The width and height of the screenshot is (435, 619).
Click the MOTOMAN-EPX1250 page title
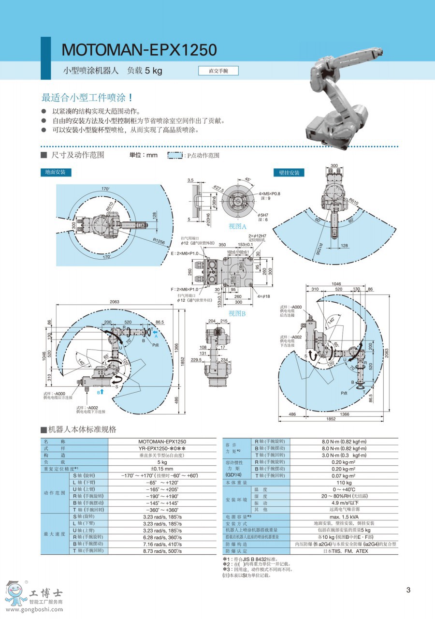(139, 50)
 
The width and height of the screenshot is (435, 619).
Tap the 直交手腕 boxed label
(218, 71)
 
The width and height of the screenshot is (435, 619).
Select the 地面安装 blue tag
(55, 172)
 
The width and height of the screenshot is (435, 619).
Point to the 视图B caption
(238, 313)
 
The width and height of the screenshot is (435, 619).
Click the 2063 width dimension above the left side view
(114, 302)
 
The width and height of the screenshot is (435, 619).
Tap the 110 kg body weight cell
(344, 483)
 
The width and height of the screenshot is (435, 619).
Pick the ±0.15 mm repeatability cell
(162, 469)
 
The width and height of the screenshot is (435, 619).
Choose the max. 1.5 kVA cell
(344, 516)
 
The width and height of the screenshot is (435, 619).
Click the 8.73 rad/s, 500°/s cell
(162, 550)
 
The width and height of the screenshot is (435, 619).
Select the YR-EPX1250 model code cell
(162, 448)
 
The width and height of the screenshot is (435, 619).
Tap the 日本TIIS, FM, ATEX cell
(344, 550)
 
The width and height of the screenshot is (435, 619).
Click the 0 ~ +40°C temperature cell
(344, 489)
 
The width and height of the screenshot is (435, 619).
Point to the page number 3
(408, 590)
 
